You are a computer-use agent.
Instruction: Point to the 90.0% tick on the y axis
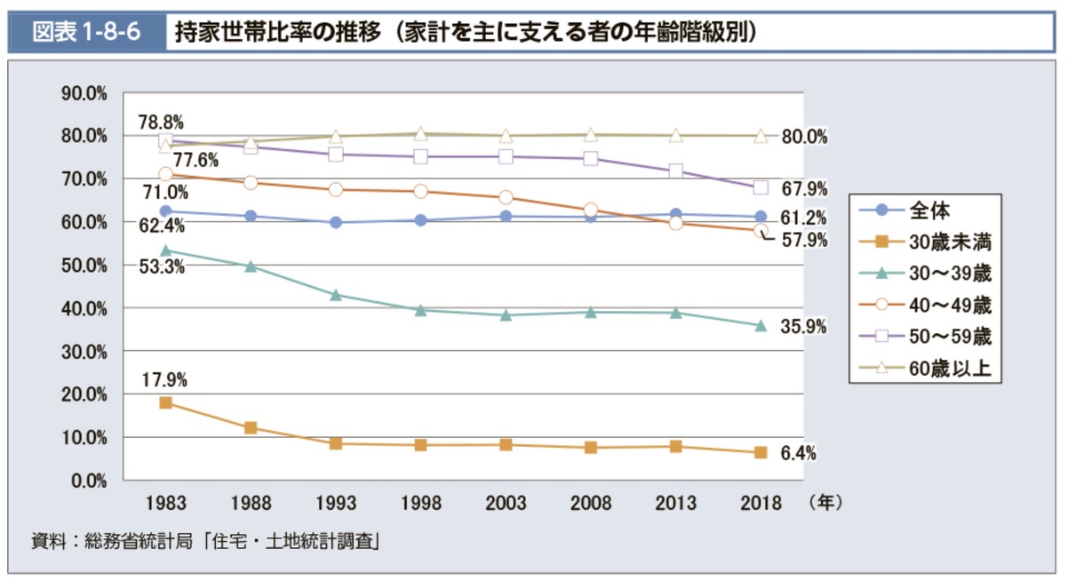click(x=84, y=92)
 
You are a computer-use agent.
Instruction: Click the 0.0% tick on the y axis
click(x=87, y=481)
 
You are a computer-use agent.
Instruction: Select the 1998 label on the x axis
click(x=420, y=504)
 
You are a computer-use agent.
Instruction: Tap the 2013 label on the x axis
click(x=675, y=504)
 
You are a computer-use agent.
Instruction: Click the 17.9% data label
click(x=164, y=380)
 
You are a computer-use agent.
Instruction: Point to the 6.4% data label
click(x=798, y=454)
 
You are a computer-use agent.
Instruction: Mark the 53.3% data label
click(x=162, y=267)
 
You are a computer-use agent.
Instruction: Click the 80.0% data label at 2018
click(x=804, y=137)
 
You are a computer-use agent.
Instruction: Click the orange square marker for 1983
click(x=165, y=403)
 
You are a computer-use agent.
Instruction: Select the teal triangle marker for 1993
click(x=336, y=295)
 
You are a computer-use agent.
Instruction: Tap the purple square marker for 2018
click(x=761, y=187)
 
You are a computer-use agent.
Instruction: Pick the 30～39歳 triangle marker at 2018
click(x=761, y=326)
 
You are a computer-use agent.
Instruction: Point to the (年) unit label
click(x=825, y=504)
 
